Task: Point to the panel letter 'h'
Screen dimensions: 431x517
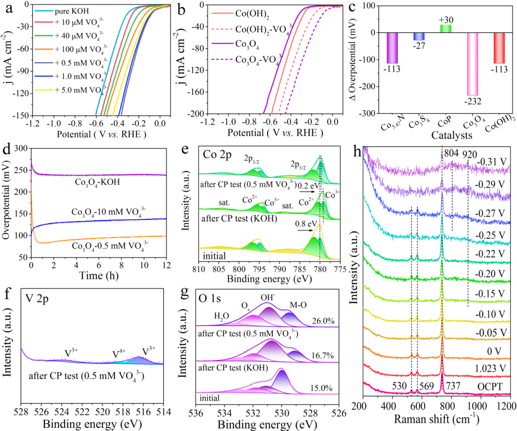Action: point(357,151)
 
